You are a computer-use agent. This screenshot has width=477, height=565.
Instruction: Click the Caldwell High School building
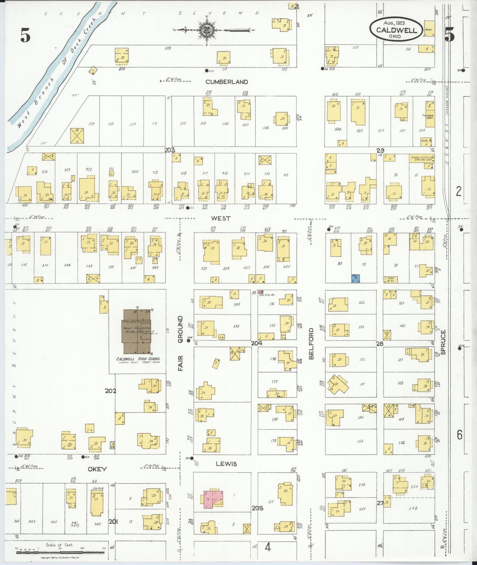[x=137, y=331]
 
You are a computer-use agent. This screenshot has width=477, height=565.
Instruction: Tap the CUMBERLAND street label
[x=226, y=82]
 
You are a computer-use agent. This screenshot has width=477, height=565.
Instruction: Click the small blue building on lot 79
[x=355, y=279]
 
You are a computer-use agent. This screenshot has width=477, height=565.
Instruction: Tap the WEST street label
[x=221, y=218]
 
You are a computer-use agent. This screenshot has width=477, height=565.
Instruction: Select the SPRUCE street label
[x=443, y=342]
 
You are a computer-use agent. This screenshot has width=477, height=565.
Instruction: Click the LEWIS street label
[x=226, y=464]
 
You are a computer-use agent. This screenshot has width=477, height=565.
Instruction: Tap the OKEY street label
[x=97, y=469]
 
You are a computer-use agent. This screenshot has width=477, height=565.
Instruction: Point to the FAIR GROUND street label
[x=181, y=343]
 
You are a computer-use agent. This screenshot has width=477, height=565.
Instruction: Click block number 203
[x=170, y=150]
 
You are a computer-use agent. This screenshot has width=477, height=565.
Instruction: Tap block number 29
[x=380, y=150]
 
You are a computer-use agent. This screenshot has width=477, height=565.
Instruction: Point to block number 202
[x=111, y=391]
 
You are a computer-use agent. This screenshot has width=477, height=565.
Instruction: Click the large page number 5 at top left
[x=25, y=35]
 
